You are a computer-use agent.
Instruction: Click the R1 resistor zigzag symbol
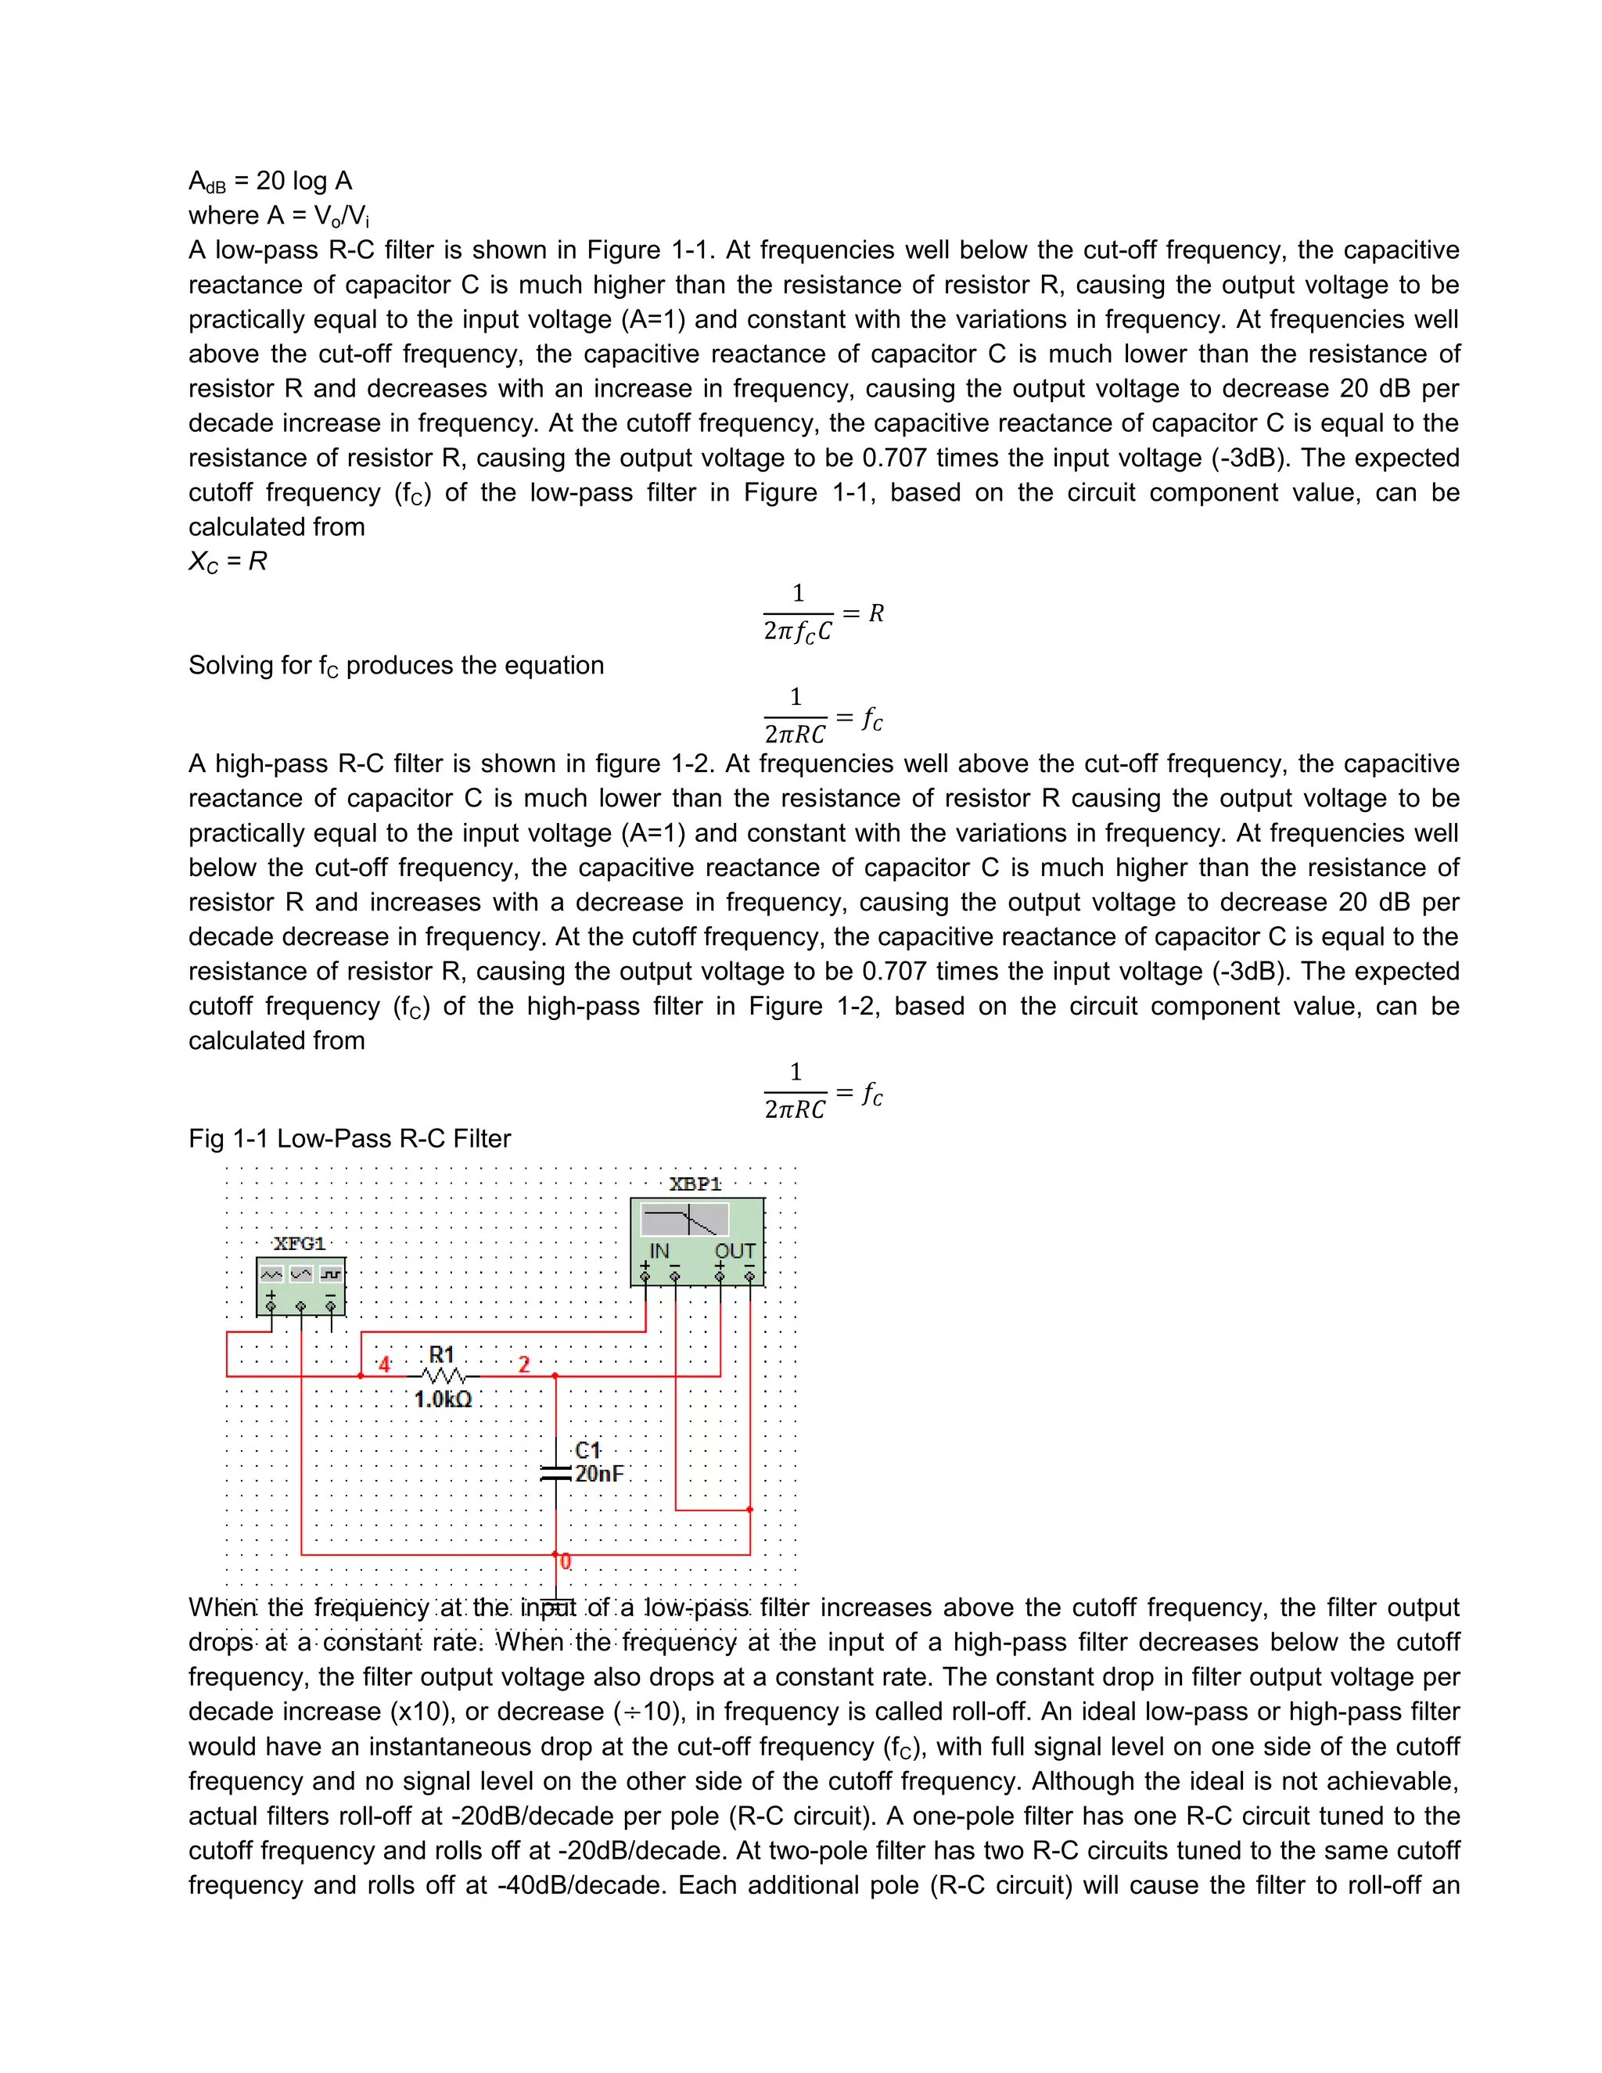tap(444, 1376)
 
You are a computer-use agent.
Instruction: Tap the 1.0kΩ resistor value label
tap(442, 1399)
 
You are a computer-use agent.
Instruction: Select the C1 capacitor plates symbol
tap(555, 1473)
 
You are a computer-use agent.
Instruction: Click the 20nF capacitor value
tap(599, 1474)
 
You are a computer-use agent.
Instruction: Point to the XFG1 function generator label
tap(299, 1244)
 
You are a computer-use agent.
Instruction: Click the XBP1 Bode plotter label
tap(695, 1184)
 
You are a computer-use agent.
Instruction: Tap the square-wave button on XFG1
tap(330, 1274)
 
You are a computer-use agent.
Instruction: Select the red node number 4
tap(384, 1365)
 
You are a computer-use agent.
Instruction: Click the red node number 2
tap(524, 1365)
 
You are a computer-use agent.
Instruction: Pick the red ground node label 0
tap(566, 1561)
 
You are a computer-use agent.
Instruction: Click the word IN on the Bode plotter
tap(659, 1251)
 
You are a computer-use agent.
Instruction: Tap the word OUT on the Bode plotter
tap(735, 1251)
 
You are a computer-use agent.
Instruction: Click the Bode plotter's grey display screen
tap(684, 1220)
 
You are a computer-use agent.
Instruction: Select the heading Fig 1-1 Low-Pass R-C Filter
tap(349, 1139)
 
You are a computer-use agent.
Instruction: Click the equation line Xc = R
tap(228, 562)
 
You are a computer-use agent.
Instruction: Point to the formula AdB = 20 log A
tap(271, 181)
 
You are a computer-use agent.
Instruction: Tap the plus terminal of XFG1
tap(271, 1307)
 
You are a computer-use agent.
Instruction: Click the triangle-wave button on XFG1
tap(301, 1274)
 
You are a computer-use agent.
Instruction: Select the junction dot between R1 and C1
tap(555, 1375)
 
